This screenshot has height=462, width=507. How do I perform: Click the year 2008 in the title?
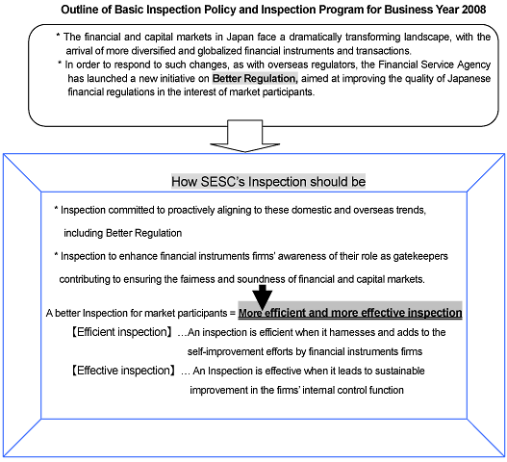473,10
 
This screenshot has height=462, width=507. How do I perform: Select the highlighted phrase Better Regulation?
255,78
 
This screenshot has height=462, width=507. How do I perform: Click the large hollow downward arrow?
244,136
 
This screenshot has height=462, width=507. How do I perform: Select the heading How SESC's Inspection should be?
268,182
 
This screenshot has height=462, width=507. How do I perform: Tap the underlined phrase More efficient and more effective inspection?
350,313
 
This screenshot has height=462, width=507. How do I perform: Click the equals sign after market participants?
233,313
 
